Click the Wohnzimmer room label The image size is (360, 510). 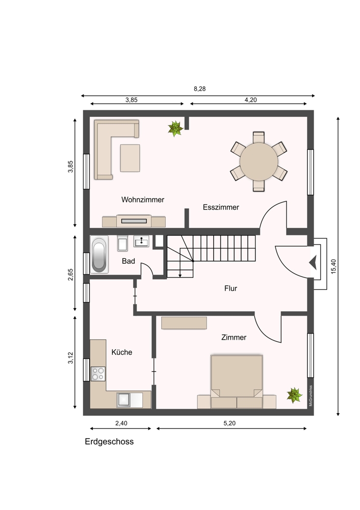tap(143, 200)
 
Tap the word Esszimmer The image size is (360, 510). tap(221, 207)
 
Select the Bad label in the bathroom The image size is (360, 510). tap(128, 261)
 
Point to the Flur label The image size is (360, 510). tap(230, 288)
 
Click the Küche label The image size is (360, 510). tap(122, 352)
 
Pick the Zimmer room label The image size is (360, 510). tap(234, 337)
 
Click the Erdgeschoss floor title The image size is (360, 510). tap(109, 441)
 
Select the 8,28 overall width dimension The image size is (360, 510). tap(200, 89)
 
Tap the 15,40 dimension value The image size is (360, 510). tap(333, 266)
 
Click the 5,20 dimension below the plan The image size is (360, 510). tap(229, 423)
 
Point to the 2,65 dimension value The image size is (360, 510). tap(70, 274)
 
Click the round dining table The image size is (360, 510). tap(259, 161)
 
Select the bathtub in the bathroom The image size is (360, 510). tap(99, 254)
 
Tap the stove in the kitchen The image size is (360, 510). tap(98, 374)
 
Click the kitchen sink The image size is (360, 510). tap(130, 400)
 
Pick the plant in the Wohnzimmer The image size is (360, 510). tap(175, 129)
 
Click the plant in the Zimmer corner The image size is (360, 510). tap(294, 395)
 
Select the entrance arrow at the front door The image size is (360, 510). tap(313, 263)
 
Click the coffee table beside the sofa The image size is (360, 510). tap(130, 158)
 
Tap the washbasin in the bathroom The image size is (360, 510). tap(141, 241)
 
